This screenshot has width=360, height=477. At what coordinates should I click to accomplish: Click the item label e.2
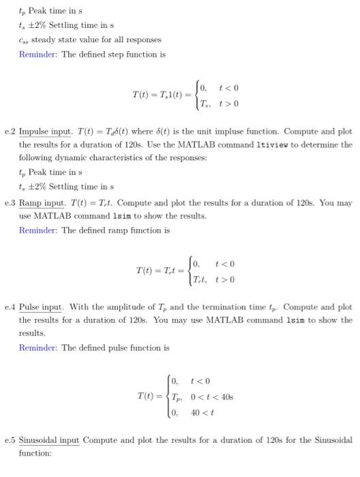coord(10,131)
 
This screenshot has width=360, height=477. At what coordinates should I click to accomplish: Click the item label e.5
coord(10,440)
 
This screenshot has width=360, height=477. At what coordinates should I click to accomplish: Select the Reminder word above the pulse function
coord(38,348)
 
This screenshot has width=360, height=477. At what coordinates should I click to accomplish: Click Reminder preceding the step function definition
coord(38,55)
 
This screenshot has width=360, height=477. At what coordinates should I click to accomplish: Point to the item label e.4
coord(10,307)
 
